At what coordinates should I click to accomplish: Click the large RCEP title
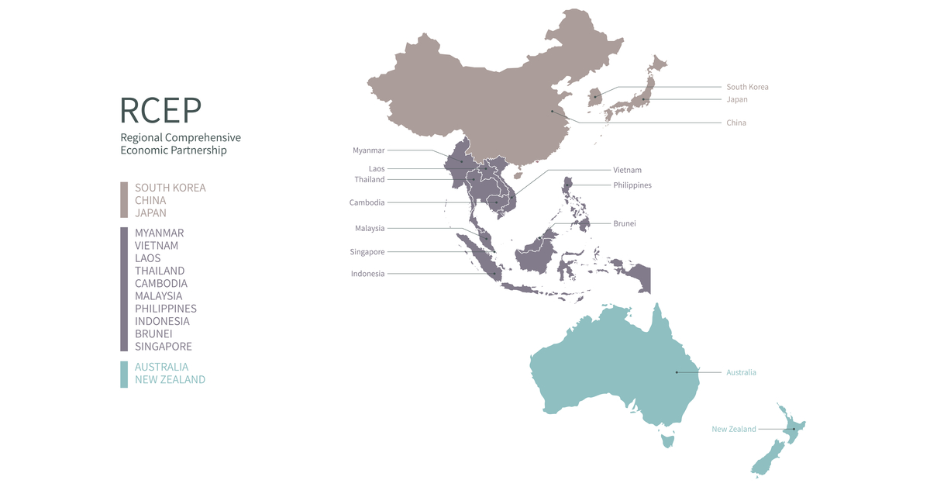point(160,110)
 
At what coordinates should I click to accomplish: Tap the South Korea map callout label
point(747,87)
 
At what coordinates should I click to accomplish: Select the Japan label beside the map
point(737,99)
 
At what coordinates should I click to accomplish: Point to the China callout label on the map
point(736,123)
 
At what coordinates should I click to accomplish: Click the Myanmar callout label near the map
point(368,150)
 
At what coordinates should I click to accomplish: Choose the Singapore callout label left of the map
point(367,252)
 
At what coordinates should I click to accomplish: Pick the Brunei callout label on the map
point(625,223)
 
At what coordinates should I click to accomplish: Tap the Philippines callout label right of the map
point(632,185)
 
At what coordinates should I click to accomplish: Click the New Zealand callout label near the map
point(734,429)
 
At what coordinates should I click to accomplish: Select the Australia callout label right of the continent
point(741,372)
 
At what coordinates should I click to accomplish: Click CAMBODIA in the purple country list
point(161,283)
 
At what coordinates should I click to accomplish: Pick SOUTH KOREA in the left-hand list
point(170,188)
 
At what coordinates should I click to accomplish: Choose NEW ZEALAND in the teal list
point(170,379)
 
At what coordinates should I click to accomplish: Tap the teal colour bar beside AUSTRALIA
point(124,374)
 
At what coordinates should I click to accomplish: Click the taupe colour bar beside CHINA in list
point(124,200)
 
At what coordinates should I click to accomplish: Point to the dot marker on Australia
point(677,372)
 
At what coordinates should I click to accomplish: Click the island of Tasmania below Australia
point(666,440)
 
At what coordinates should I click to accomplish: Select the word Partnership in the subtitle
point(200,150)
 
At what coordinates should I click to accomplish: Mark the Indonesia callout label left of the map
point(367,274)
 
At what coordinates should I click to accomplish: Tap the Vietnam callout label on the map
point(627,170)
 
